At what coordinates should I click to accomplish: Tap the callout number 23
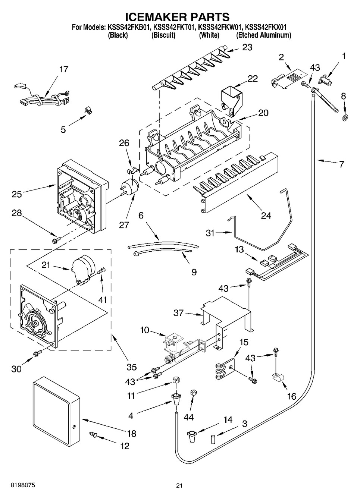(247, 47)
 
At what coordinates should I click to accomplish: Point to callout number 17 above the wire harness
(64, 69)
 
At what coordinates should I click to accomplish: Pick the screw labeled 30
(38, 353)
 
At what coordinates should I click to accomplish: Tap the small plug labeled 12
(93, 434)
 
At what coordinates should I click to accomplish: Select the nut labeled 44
(193, 393)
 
